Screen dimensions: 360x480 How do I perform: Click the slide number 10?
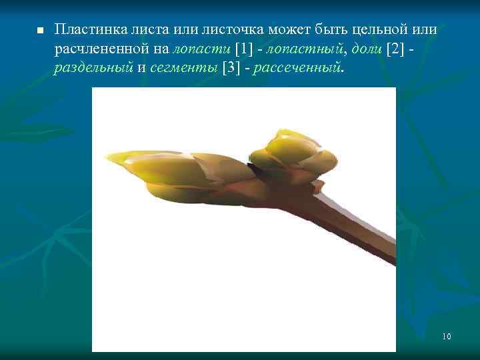click(446, 336)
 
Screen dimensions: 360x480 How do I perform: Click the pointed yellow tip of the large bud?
click(117, 157)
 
